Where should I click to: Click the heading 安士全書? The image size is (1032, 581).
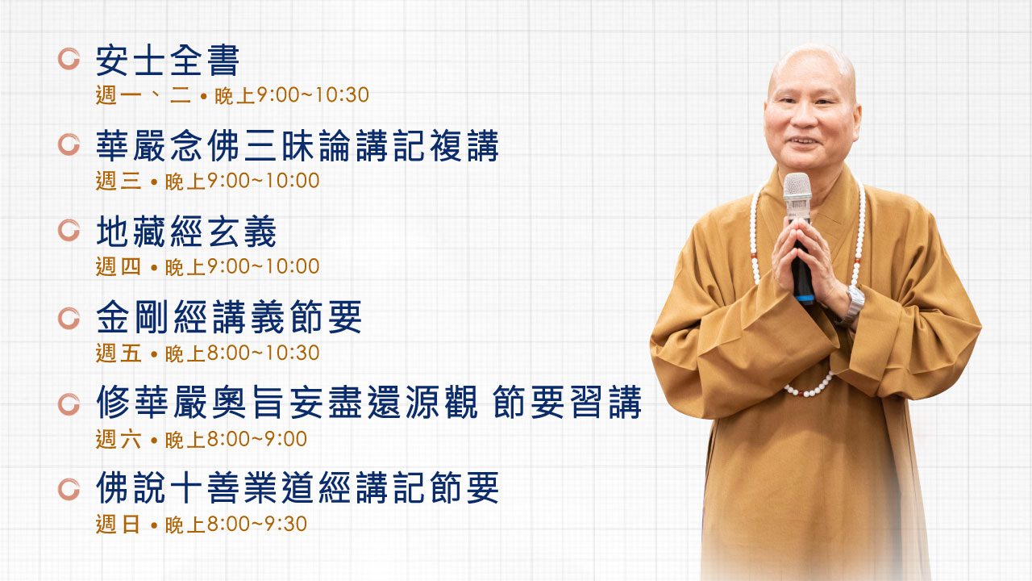click(x=167, y=61)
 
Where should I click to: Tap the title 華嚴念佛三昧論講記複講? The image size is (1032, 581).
click(x=298, y=146)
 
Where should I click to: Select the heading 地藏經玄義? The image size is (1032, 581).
click(x=186, y=232)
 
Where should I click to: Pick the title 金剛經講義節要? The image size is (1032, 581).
click(x=228, y=317)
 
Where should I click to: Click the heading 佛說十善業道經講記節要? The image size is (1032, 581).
click(x=298, y=487)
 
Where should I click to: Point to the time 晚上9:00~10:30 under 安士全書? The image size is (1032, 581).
click(x=292, y=95)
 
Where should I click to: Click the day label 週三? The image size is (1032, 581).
click(x=118, y=181)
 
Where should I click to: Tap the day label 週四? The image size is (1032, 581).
click(x=118, y=266)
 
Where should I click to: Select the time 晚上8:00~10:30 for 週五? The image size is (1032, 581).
click(x=242, y=353)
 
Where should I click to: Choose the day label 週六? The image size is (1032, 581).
click(x=118, y=439)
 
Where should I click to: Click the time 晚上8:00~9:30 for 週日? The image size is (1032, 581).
click(x=236, y=525)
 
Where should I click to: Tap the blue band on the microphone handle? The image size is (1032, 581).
click(x=805, y=299)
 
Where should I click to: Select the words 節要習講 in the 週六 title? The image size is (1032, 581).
click(x=567, y=402)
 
